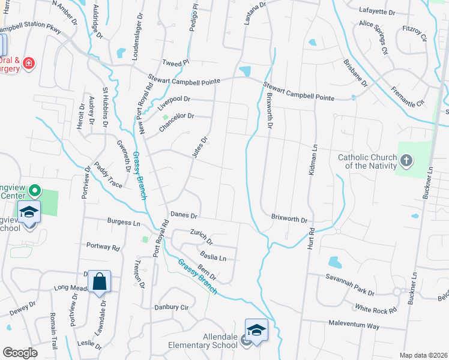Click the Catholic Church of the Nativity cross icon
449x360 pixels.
[x=406, y=160]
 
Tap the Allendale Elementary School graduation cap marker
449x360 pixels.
[x=256, y=331]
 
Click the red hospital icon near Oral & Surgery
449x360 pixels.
[x=28, y=63]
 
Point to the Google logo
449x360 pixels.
[x=20, y=353]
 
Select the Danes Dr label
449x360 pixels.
[x=184, y=214]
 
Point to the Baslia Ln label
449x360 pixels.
[x=213, y=257]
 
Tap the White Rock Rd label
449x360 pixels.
[x=376, y=310]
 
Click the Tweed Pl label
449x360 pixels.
[x=176, y=62]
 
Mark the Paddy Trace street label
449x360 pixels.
[x=107, y=174]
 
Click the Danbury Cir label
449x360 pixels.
[x=172, y=307]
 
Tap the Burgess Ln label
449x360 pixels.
[x=123, y=222]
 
